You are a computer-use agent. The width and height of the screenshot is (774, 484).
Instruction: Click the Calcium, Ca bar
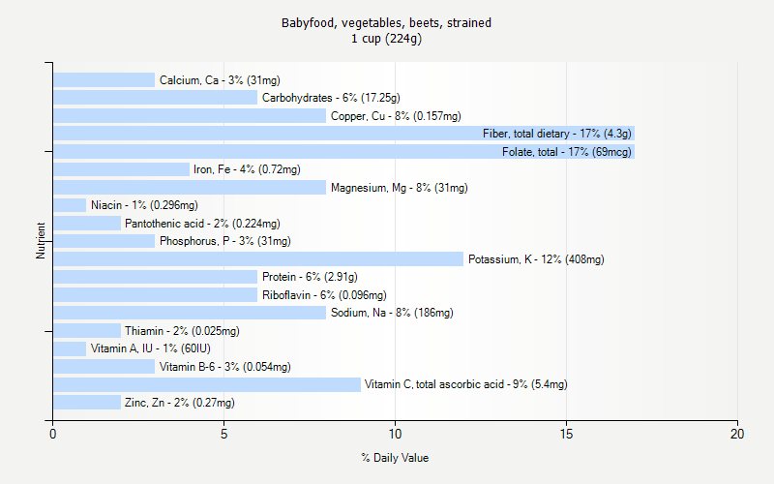coord(104,80)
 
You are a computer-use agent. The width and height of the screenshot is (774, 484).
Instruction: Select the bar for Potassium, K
coord(258,259)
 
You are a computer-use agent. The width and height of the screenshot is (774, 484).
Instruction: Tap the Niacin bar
coord(70,205)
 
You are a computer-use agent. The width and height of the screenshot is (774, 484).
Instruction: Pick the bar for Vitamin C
coord(206,384)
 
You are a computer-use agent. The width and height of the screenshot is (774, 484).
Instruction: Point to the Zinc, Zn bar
coord(87,403)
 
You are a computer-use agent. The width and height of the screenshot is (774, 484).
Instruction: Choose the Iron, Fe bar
coord(121,169)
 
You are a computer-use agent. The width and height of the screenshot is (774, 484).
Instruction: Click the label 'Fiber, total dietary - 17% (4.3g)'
coord(557,134)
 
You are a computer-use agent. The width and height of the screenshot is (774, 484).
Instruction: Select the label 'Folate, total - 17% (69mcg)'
coord(566,152)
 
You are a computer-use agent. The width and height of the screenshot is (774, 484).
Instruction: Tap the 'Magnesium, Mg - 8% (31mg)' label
coord(399,188)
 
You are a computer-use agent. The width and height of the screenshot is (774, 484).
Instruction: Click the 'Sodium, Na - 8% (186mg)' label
coord(392,313)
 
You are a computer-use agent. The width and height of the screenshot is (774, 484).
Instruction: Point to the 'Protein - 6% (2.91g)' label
coord(310,277)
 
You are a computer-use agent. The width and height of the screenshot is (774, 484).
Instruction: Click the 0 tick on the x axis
coord(53,435)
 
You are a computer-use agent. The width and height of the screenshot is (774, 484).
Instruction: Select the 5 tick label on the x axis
coord(223,435)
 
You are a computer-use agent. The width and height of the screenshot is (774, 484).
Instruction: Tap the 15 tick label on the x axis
coord(566,435)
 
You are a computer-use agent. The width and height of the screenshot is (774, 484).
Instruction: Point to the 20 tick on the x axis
coord(737,435)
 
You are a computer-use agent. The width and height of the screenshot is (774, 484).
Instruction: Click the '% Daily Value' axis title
coord(395,458)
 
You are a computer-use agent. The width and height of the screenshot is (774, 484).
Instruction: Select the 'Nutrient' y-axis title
coord(42,241)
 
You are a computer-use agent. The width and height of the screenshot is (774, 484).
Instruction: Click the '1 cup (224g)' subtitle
coord(387,39)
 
